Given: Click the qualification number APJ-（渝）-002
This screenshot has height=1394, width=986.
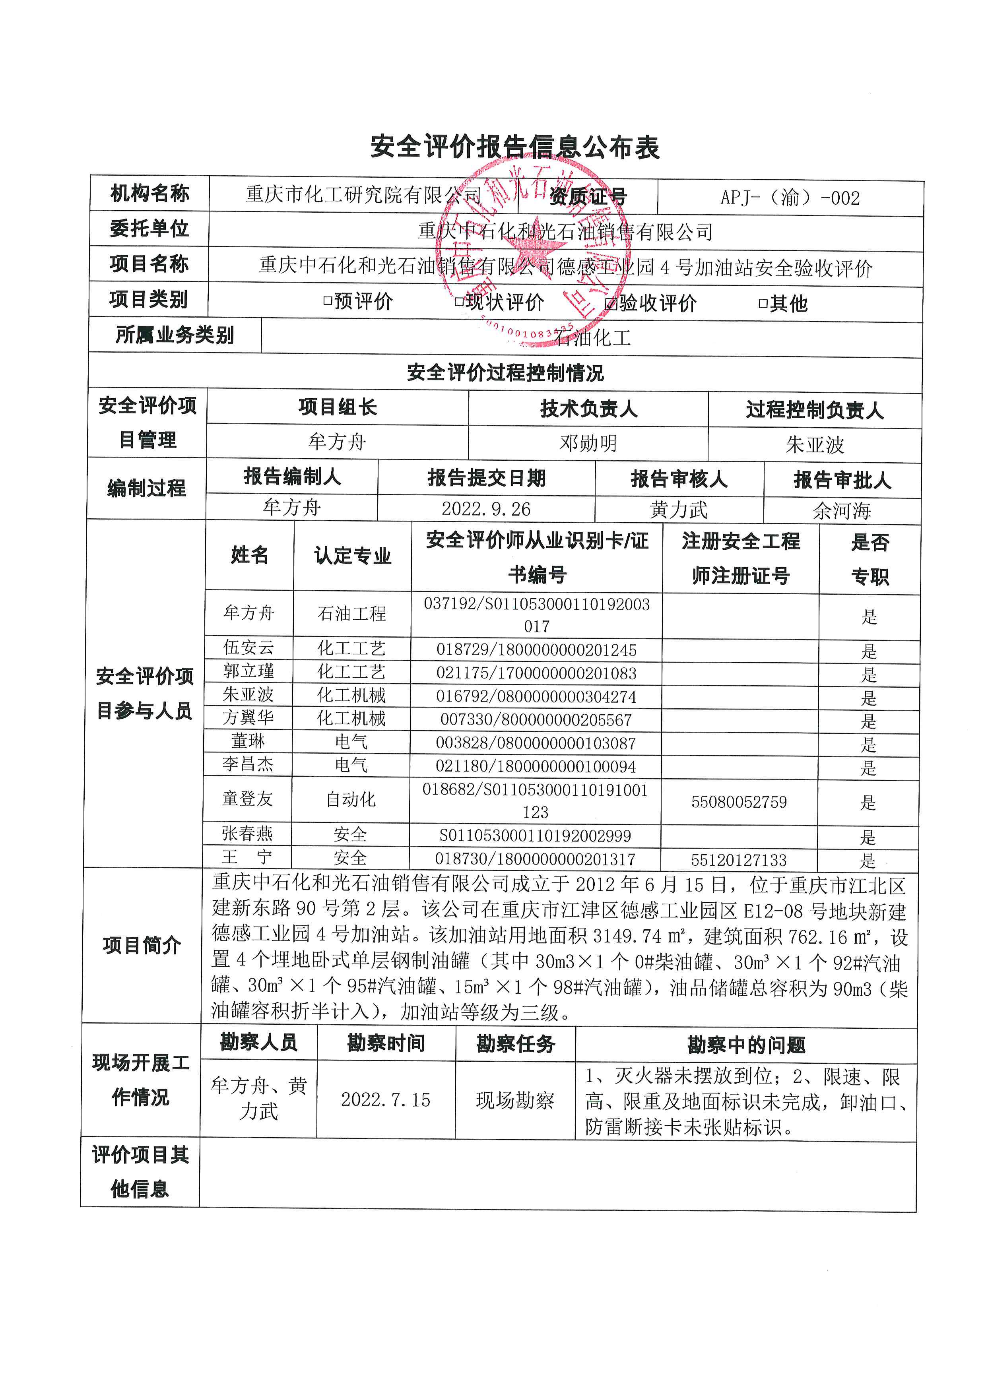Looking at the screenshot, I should coord(790,198).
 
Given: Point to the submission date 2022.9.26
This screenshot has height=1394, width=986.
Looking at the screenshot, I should coord(486,509).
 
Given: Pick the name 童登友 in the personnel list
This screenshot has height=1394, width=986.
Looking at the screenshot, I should coord(248,799).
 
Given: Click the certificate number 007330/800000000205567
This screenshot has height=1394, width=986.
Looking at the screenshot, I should coord(536,720).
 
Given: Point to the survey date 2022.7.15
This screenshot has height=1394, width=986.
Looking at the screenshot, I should coord(386,1099).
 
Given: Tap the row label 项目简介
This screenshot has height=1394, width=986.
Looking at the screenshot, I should coord(142,945).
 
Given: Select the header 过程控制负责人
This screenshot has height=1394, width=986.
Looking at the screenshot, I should coord(814,410).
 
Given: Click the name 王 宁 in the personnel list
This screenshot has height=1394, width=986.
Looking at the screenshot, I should coord(247,857).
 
